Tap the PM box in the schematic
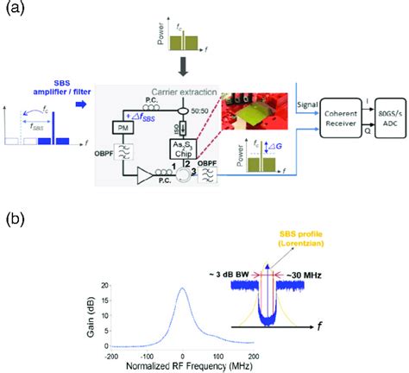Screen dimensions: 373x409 [x=119, y=126]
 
